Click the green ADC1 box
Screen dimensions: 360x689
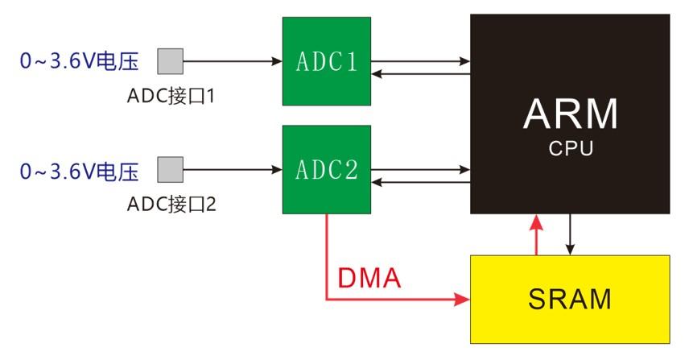(326, 61)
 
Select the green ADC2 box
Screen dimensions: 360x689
(326, 170)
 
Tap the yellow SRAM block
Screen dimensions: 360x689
(570, 299)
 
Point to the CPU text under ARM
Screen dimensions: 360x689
(571, 149)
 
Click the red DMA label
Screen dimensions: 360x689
(369, 279)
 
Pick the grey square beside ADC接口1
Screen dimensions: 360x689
(171, 60)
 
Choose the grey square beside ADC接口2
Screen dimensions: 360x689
(171, 170)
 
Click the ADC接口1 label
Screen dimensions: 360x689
(171, 97)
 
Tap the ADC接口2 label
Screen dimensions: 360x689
(171, 205)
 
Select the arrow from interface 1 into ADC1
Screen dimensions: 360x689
(233, 60)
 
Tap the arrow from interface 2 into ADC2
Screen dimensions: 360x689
(233, 170)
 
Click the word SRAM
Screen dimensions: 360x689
(570, 299)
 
